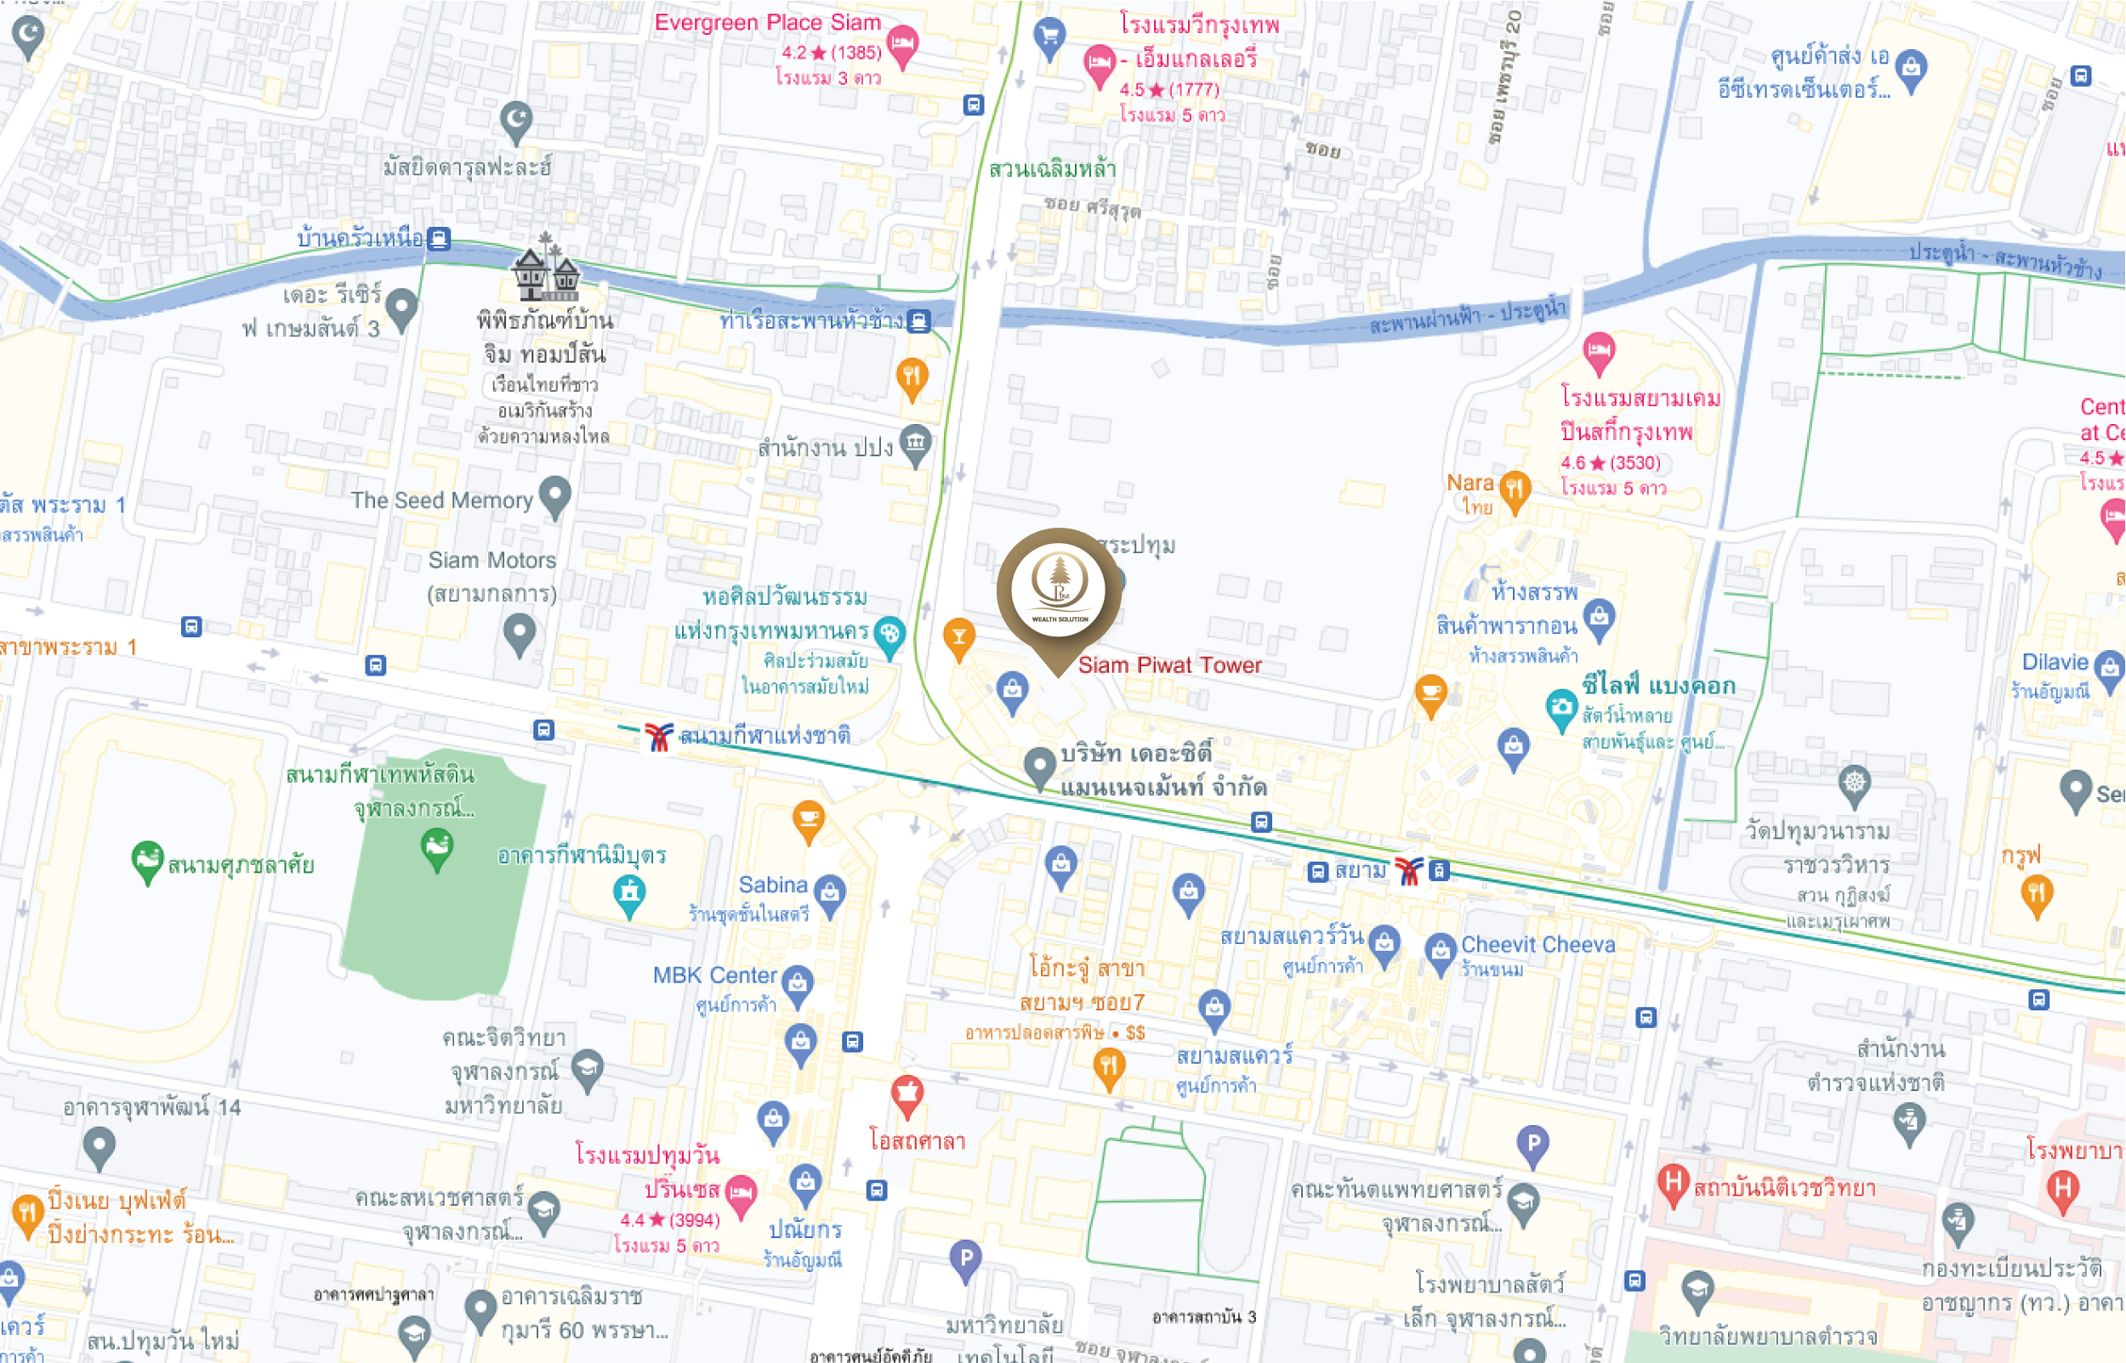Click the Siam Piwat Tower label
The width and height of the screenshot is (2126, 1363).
(1168, 665)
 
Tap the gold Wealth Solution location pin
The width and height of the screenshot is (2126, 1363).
(1059, 591)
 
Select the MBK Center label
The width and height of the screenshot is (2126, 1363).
(713, 976)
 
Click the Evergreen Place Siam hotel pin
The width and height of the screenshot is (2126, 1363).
(901, 43)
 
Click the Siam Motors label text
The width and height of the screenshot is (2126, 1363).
(492, 560)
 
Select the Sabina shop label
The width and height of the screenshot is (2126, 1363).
(772, 885)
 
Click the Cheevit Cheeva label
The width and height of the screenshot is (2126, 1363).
(1538, 944)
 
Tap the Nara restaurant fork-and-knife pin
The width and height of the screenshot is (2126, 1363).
(1515, 489)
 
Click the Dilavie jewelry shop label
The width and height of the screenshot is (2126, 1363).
(2055, 662)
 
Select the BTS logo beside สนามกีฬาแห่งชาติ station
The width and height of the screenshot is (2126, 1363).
(658, 736)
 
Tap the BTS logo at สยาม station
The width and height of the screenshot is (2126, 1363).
(1408, 871)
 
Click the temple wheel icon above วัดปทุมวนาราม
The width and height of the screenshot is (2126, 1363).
(1853, 783)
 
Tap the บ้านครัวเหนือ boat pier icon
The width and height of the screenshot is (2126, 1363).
(438, 238)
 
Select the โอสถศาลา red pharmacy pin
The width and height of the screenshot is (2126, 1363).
(906, 1094)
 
